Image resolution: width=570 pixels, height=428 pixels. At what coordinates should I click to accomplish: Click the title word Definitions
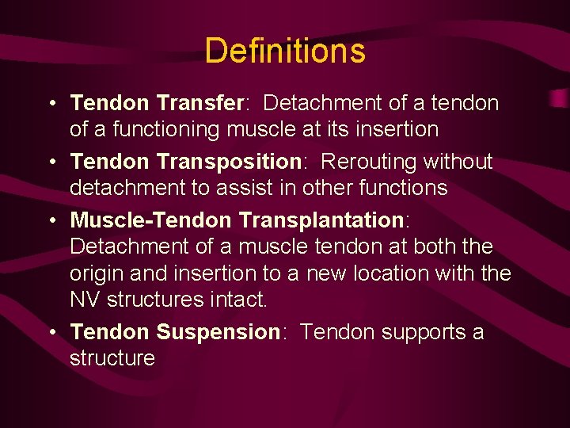click(x=285, y=52)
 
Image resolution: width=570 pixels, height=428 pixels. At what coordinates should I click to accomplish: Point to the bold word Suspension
click(x=218, y=331)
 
